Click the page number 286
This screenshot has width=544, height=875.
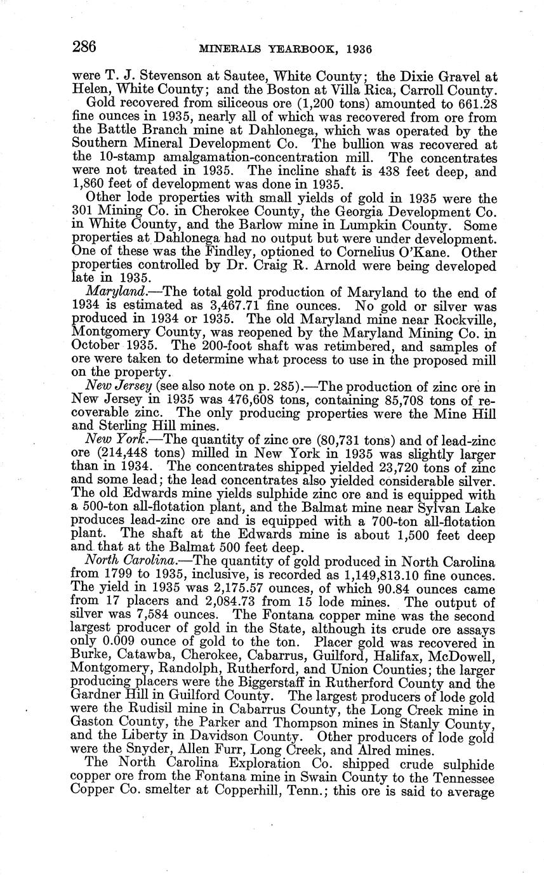pyautogui.click(x=84, y=48)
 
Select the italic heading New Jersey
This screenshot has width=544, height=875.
pyautogui.click(x=111, y=387)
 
